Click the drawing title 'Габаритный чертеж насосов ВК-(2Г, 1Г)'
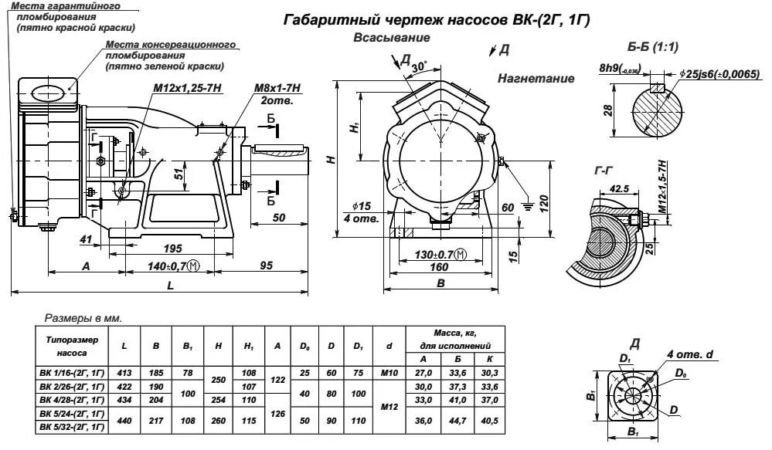437,20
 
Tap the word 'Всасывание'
392,38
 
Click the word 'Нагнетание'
536,79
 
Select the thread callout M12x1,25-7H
187,90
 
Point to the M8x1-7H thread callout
277,90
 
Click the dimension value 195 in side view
173,248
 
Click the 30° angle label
419,67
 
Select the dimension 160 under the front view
438,267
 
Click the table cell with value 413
124,373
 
